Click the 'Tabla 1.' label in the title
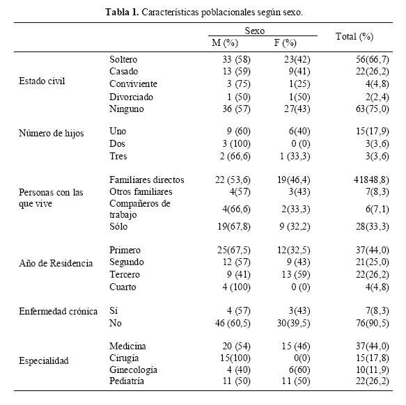pos(122,12)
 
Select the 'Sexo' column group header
pos(255,31)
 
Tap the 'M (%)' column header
pos(225,42)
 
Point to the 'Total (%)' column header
pos(354,36)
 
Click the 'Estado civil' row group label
pos(42,81)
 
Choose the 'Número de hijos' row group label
pos(52,134)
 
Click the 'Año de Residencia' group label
pos(56,263)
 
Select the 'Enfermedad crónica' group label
pos(58,311)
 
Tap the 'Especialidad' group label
pos(44,360)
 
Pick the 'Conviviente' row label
pos(133,84)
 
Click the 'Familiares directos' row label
pos(147,180)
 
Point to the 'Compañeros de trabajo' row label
pos(140,209)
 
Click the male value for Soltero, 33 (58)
pos(236,60)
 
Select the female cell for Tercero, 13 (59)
pos(296,275)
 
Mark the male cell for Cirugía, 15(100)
pos(235,358)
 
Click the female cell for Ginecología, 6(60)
pos(299,370)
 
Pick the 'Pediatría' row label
pos(127,381)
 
